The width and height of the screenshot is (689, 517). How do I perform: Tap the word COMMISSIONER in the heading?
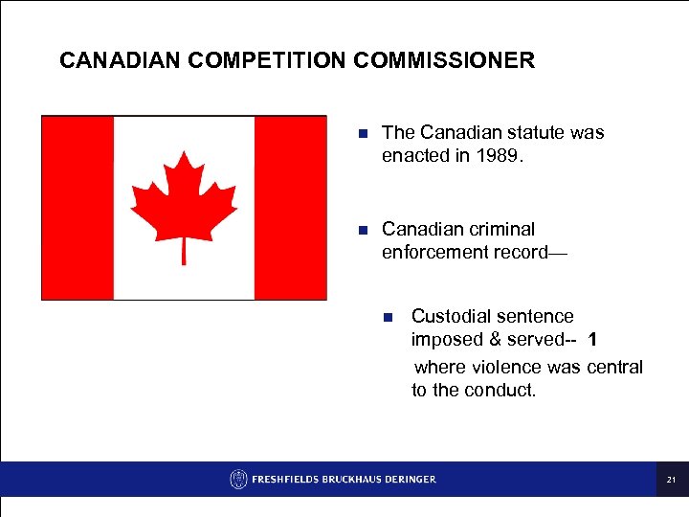click(444, 61)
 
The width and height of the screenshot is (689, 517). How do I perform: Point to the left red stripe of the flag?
click(78, 208)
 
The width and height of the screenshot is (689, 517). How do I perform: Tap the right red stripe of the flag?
click(290, 208)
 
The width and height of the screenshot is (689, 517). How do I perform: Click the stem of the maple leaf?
click(184, 251)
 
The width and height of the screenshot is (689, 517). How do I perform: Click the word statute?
click(535, 132)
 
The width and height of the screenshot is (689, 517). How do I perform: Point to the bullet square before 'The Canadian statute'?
click(362, 133)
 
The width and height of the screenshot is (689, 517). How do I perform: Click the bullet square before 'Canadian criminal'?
click(362, 230)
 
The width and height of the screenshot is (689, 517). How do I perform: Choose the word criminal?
click(500, 229)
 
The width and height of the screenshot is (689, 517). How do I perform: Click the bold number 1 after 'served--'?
click(593, 340)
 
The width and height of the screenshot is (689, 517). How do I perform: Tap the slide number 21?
click(672, 480)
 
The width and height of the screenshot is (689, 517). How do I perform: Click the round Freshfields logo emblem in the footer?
click(238, 479)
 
